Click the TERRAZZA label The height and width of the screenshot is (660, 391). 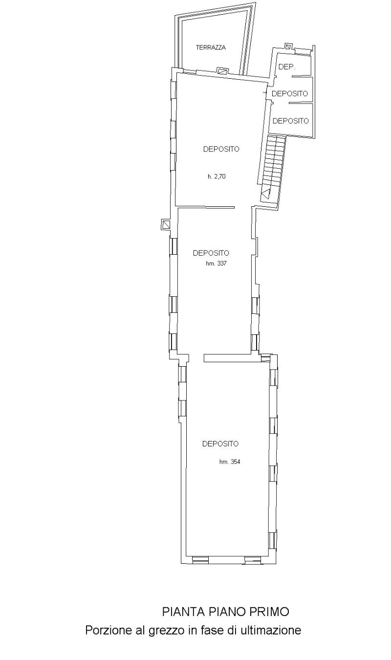211,47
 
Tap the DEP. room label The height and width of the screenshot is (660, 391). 287,67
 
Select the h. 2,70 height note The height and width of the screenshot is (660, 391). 217,177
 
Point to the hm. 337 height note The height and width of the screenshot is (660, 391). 216,264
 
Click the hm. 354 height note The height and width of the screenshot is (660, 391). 230,462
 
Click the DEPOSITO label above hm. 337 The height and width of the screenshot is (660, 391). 211,253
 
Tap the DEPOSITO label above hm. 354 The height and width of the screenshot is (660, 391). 220,443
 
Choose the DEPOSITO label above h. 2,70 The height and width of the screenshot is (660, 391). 221,149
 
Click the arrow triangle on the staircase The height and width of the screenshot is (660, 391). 266,193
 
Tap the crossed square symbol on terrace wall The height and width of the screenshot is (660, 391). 222,71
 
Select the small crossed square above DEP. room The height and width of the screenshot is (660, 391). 288,46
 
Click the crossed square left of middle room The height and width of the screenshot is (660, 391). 165,225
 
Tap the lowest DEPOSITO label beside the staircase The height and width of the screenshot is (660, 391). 290,121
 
